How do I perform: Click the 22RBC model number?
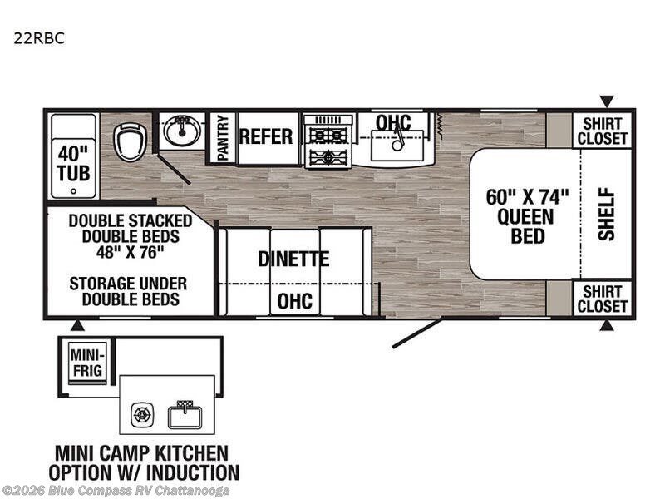(39, 38)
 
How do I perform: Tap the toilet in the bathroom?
(130, 142)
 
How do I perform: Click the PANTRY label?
(223, 138)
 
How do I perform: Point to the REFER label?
(266, 136)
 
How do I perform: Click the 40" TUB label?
(74, 163)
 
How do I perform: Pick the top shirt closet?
(602, 131)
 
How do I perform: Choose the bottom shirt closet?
(602, 299)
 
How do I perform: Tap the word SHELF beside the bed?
(607, 215)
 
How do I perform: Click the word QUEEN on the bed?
(525, 217)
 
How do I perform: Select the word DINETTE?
(293, 259)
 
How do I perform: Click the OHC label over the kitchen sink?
(393, 122)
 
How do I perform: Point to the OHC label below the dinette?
(295, 301)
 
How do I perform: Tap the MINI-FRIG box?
(88, 363)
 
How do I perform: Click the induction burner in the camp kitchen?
(141, 414)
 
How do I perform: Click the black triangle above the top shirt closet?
(607, 101)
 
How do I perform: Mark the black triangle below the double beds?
(76, 325)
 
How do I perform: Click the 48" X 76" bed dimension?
(130, 253)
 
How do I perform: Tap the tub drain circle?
(74, 191)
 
